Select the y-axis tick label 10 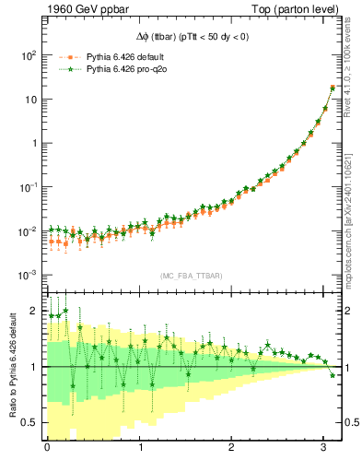click(29, 99)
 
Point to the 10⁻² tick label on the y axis click(28, 230)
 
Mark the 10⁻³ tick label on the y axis click(28, 275)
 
